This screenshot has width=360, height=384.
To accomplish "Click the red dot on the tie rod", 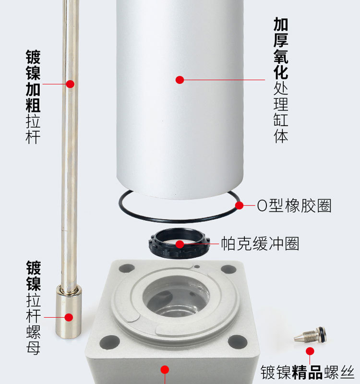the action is (x=70, y=84).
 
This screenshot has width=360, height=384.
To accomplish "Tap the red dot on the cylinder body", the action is (x=180, y=80).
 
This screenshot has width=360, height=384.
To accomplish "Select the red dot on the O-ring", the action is (x=239, y=205).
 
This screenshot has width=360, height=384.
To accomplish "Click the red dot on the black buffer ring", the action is (x=180, y=244).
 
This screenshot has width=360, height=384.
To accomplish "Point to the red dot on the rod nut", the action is (x=69, y=317).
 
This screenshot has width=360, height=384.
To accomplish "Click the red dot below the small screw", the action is (x=310, y=351).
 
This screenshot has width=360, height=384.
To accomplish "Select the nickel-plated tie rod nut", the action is (x=69, y=312).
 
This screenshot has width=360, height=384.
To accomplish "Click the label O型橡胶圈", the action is (x=294, y=205).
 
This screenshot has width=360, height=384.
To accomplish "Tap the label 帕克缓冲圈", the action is (x=260, y=244).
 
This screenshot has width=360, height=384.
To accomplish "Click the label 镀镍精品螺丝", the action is (x=308, y=372).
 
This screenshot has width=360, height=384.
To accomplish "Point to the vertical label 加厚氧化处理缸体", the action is (x=281, y=80).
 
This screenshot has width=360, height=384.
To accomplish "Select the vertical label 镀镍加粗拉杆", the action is (x=33, y=97).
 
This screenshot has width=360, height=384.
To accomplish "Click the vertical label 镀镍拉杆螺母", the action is (x=34, y=308).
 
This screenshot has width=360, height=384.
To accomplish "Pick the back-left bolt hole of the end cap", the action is (x=127, y=269).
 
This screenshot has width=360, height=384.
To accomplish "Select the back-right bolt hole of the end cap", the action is (x=228, y=269).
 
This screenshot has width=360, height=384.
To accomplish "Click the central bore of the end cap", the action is (x=176, y=297).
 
